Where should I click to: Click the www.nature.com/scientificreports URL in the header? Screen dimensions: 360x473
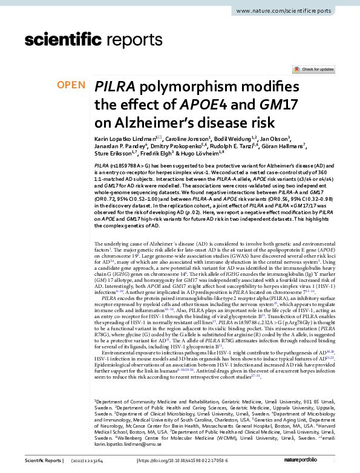click(x=292, y=11)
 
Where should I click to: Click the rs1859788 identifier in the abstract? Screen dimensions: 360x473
click(x=125, y=165)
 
